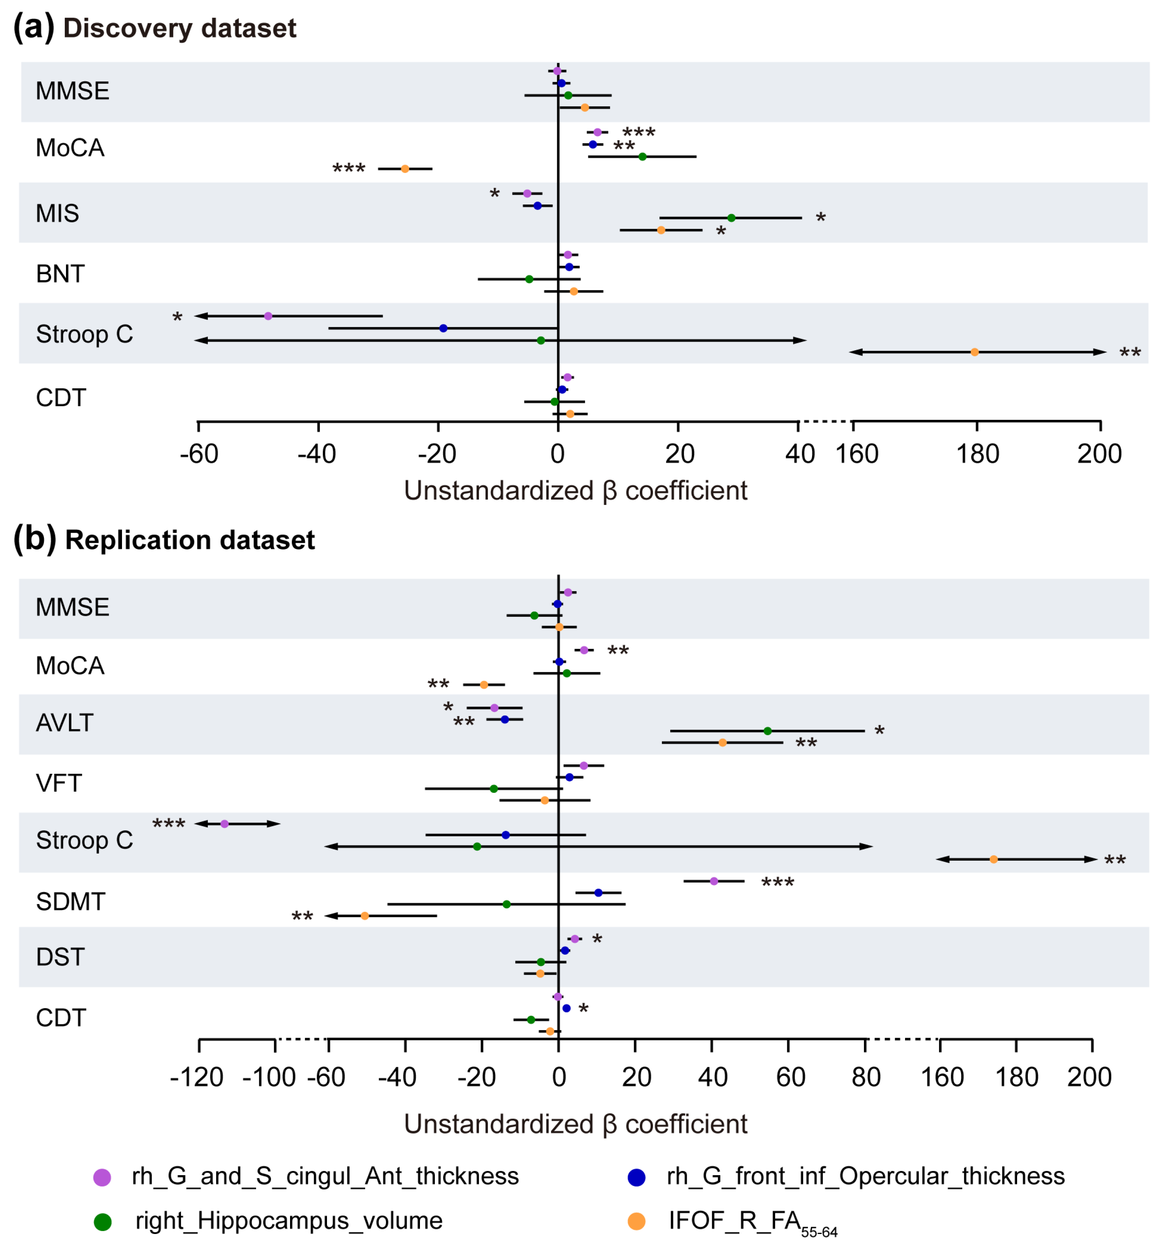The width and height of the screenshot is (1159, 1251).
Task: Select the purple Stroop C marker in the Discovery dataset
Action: (x=268, y=316)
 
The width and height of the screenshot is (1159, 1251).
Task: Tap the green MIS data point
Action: (x=731, y=217)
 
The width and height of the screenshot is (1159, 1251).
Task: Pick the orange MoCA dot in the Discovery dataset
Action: (x=405, y=169)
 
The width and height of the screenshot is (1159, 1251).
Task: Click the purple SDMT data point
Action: (x=714, y=881)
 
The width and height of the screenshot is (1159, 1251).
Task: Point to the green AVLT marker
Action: (x=768, y=731)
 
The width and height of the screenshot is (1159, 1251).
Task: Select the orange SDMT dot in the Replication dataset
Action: (x=365, y=916)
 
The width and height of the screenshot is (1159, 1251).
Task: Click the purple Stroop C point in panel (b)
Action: (x=224, y=824)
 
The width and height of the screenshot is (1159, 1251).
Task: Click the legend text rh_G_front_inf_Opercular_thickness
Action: (x=866, y=1176)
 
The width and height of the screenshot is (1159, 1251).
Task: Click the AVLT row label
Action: (x=65, y=723)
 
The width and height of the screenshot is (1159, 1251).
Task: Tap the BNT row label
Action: (x=60, y=274)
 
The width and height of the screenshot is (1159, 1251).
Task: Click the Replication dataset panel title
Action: (x=189, y=540)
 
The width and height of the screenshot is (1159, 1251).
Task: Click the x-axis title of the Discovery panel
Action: (x=575, y=491)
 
